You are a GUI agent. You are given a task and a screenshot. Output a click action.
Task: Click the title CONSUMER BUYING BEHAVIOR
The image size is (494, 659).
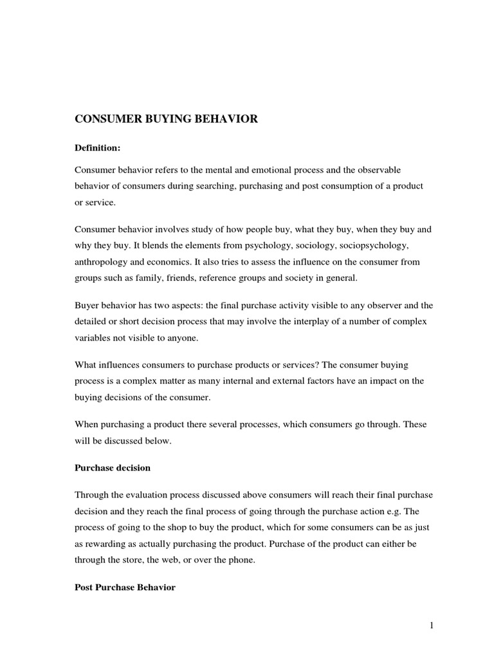click(x=167, y=120)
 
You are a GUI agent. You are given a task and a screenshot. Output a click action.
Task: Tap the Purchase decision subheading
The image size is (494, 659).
click(x=113, y=468)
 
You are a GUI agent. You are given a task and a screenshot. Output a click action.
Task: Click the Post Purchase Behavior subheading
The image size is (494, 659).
click(x=125, y=588)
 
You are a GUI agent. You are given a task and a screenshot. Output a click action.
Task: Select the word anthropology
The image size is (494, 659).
click(x=104, y=262)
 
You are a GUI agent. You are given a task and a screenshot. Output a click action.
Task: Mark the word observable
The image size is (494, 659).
click(x=378, y=169)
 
